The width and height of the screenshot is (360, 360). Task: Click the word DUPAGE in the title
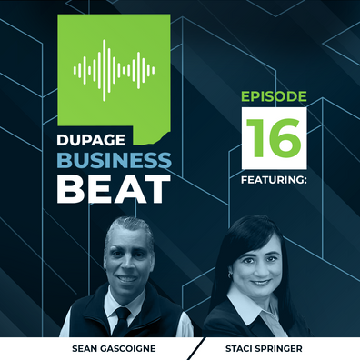point(91,140)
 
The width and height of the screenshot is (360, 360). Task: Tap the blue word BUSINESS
point(115,160)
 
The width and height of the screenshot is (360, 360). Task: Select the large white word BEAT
point(114,188)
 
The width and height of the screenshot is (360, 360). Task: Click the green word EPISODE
point(274,96)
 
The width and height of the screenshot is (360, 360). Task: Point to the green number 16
point(274,138)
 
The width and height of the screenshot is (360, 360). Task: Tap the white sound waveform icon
point(114,70)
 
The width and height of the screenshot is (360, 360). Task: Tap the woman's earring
point(230,275)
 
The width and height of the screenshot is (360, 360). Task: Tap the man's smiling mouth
point(127,278)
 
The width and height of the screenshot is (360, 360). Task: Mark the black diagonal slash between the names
point(195,348)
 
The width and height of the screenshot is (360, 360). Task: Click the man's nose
point(128,265)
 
